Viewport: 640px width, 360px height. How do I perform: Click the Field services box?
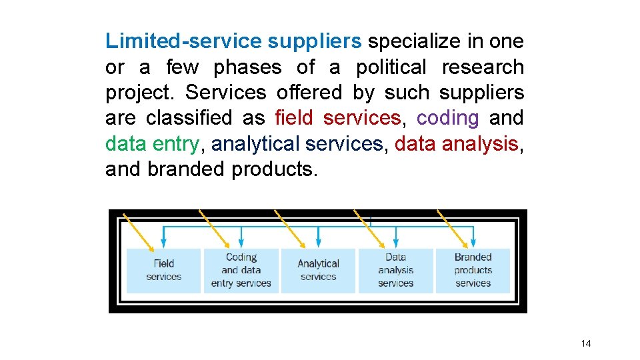pyautogui.click(x=163, y=270)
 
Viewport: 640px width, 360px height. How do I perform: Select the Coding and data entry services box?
pyautogui.click(x=241, y=270)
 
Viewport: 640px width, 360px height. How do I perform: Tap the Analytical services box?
pyautogui.click(x=318, y=270)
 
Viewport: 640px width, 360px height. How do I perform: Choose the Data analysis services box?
pyautogui.click(x=395, y=270)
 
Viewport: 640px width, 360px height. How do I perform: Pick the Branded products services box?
pyautogui.click(x=473, y=270)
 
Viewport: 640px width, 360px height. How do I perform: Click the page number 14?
pyautogui.click(x=586, y=343)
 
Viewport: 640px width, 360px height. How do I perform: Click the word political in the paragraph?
pyautogui.click(x=391, y=67)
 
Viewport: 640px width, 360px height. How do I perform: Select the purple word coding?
pyautogui.click(x=447, y=118)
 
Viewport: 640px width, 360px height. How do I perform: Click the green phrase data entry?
pyautogui.click(x=152, y=143)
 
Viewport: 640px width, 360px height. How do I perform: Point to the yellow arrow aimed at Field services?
pyautogui.click(x=143, y=228)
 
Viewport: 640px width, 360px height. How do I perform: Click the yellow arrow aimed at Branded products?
pyautogui.click(x=453, y=228)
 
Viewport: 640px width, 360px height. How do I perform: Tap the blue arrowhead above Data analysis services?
pyautogui.click(x=396, y=241)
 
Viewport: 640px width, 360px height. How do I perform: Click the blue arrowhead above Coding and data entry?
pyautogui.click(x=241, y=241)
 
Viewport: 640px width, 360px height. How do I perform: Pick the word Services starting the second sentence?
pyautogui.click(x=226, y=93)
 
